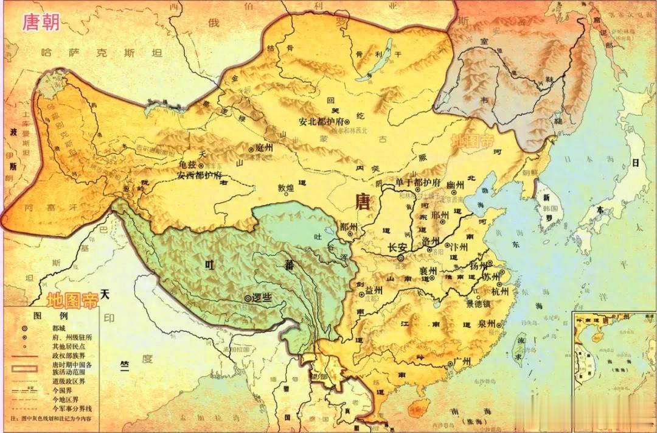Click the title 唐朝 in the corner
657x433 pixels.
click(41, 22)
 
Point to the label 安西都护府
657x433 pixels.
click(200, 175)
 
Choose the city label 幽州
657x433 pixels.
click(456, 185)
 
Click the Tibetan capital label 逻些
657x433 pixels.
click(260, 298)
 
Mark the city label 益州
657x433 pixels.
click(373, 290)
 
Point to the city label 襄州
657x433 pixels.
click(429, 270)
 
